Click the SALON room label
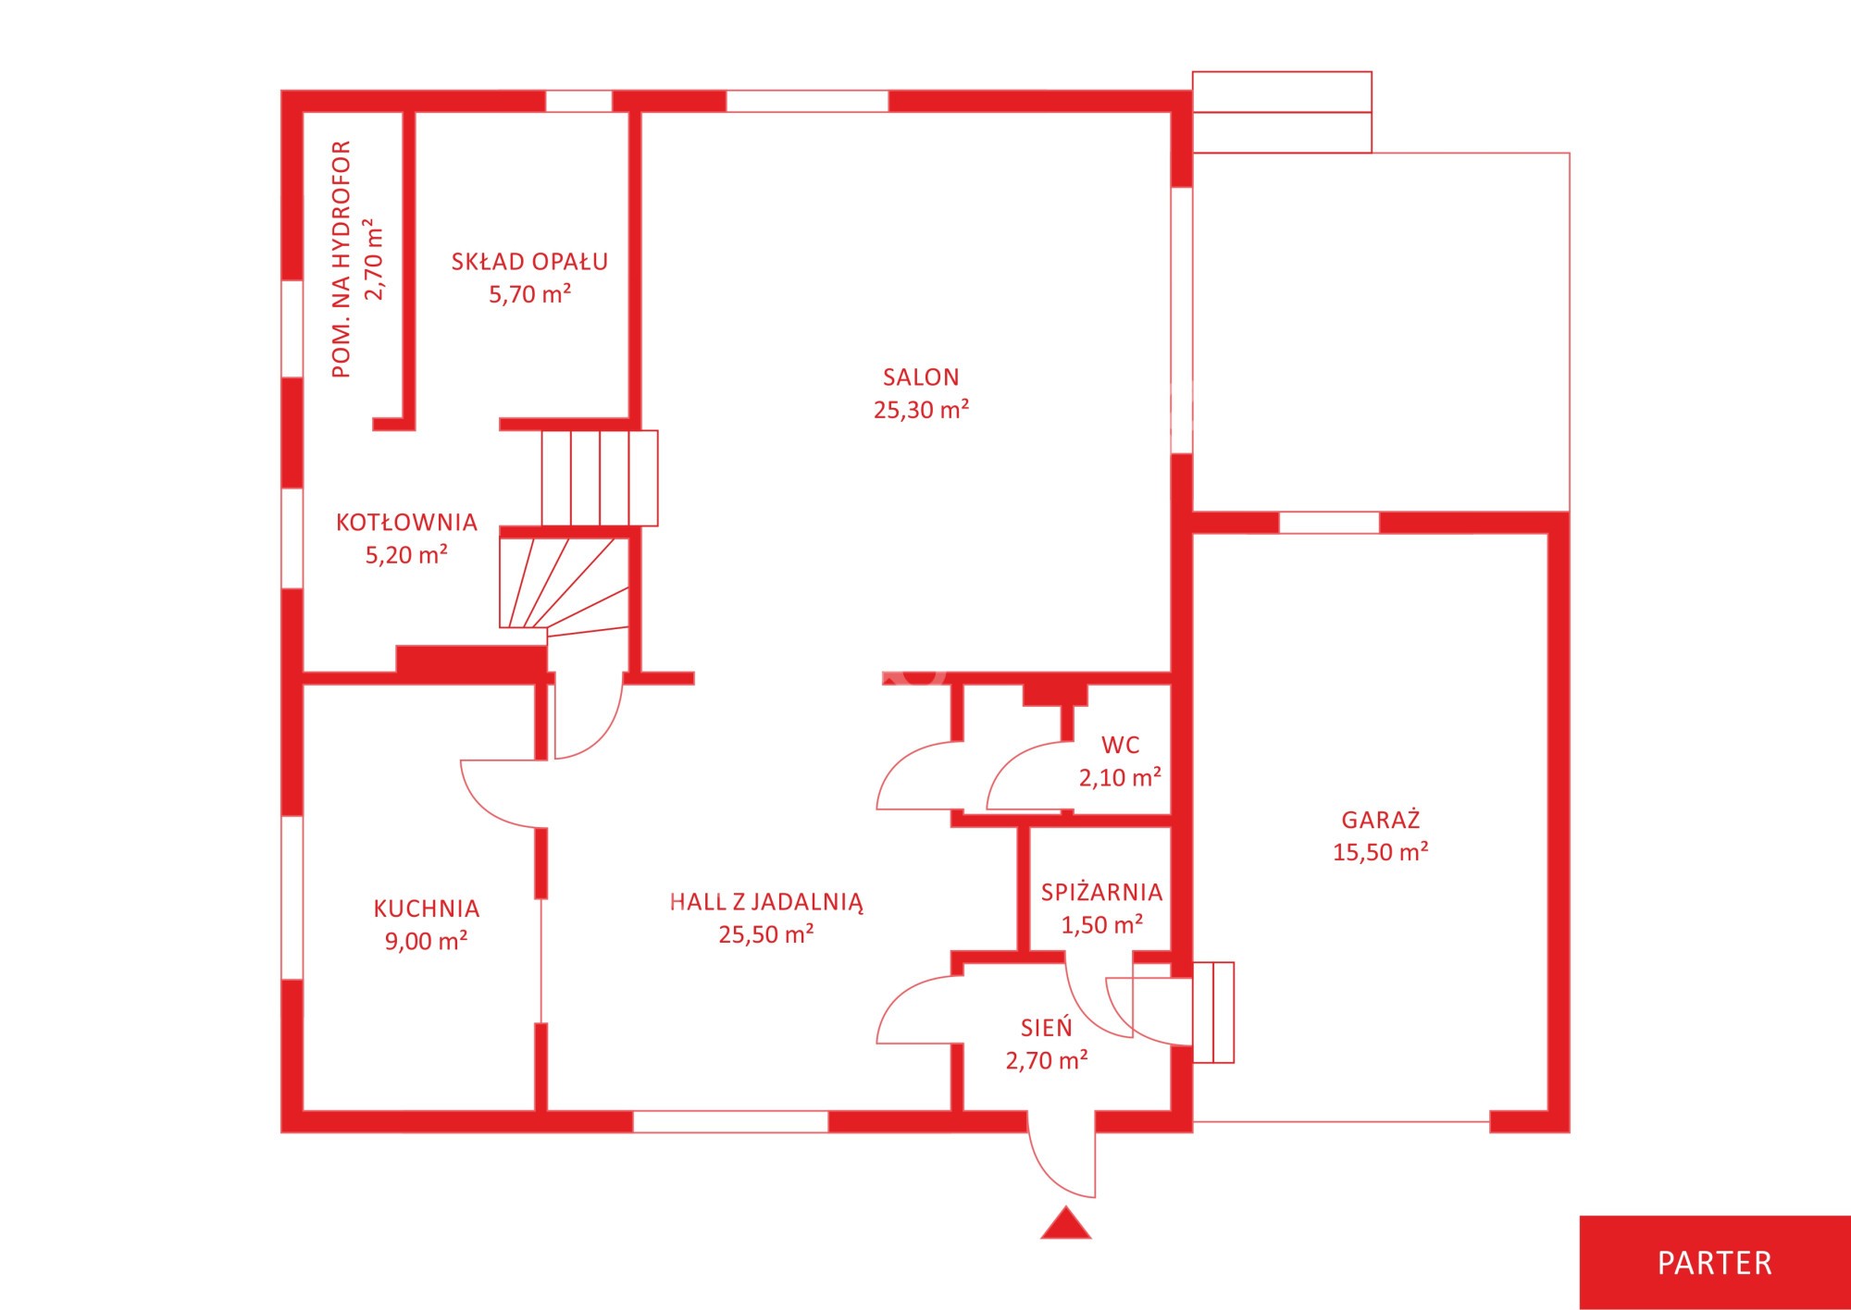(x=921, y=377)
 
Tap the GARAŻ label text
(x=1380, y=819)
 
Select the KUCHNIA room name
(x=426, y=908)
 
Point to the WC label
(x=1120, y=745)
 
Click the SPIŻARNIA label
(x=1101, y=892)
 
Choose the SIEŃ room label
(x=1046, y=1027)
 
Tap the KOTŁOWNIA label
(x=406, y=523)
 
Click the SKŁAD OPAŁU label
(x=529, y=262)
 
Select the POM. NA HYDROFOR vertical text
(x=341, y=259)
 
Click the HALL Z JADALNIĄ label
(x=766, y=902)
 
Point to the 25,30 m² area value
(x=921, y=410)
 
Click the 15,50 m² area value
(x=1380, y=852)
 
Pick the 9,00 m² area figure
(x=426, y=941)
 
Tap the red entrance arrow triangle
(x=1066, y=1223)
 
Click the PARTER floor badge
(x=1714, y=1263)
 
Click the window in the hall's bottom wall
(x=730, y=1121)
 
